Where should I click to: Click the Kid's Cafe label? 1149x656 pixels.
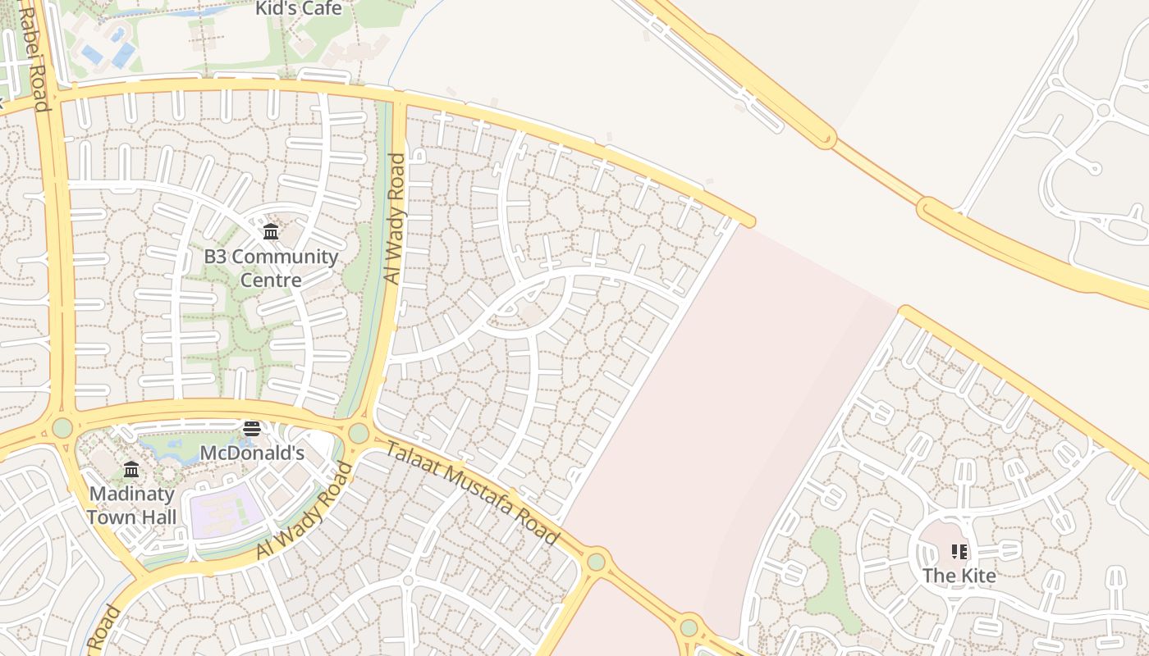[298, 9]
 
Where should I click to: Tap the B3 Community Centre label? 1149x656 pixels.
[271, 268]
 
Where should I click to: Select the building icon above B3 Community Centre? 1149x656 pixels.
[271, 232]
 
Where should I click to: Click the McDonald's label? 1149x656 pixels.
[252, 453]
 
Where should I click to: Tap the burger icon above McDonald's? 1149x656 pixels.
[252, 429]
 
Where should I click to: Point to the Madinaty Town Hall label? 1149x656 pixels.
[131, 505]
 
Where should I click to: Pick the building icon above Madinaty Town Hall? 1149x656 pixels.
[131, 469]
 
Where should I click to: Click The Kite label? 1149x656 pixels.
[959, 576]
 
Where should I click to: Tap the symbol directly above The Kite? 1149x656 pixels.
[959, 552]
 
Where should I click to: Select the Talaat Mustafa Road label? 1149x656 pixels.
[472, 493]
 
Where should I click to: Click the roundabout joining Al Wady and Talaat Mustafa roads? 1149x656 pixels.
[359, 433]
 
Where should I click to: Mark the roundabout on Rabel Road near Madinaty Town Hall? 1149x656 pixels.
[62, 427]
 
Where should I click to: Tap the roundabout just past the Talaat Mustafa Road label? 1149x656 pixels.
[597, 562]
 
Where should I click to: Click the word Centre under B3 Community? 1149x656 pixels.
[271, 280]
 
